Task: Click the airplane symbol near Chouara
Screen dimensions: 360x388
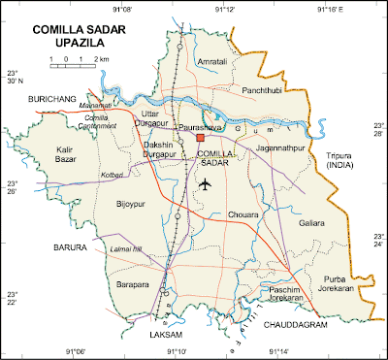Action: [204, 183]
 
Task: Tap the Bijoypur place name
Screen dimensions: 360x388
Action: [129, 205]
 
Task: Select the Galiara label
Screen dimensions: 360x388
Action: [311, 223]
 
